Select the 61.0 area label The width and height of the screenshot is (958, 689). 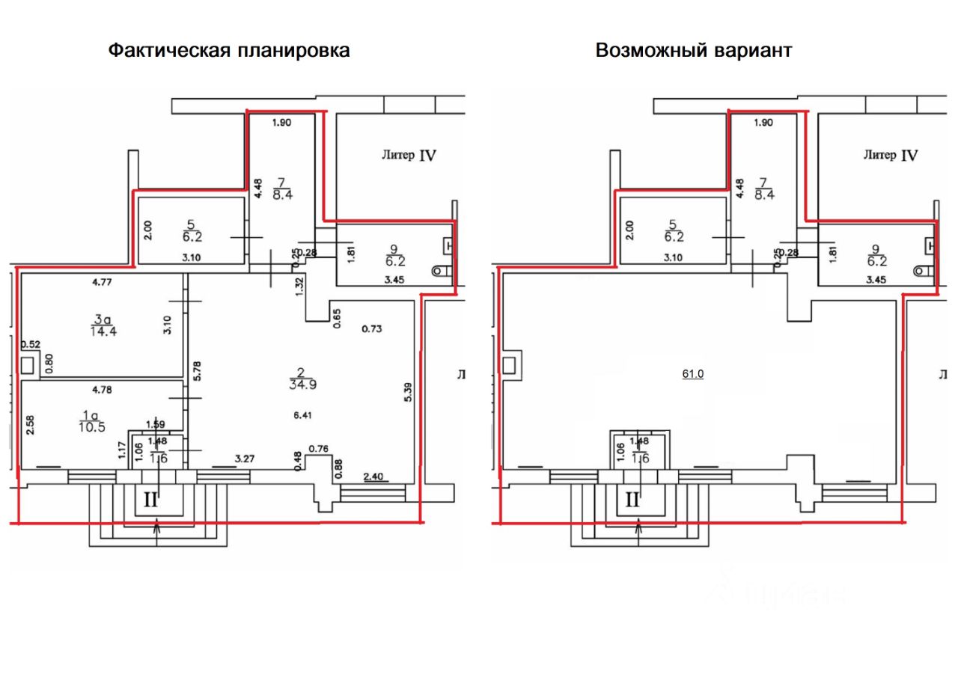point(692,374)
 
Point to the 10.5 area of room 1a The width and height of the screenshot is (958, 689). point(91,426)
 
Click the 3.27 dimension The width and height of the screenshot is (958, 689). point(246,458)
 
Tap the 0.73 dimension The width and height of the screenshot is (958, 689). point(371,328)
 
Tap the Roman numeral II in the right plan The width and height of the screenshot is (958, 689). point(633,500)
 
